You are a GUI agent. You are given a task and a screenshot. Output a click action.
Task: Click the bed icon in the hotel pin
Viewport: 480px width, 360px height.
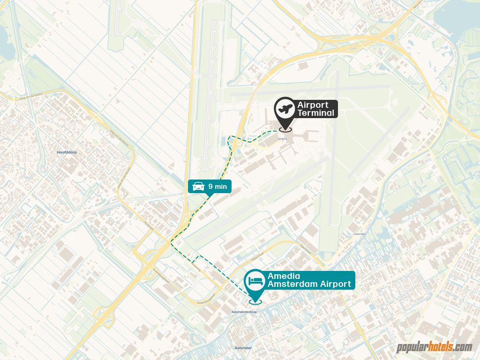coord(255,281)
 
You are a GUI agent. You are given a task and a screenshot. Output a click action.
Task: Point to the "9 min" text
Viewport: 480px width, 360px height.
coord(217,187)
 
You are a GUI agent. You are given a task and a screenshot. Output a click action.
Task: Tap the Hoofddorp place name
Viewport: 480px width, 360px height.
coord(66,153)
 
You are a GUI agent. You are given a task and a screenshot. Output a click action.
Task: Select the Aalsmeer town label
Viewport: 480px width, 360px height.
coord(243,348)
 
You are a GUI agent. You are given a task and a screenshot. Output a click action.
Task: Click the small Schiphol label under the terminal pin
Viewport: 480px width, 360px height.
coord(282,139)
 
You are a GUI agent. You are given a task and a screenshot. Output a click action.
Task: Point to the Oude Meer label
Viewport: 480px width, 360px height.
coord(360,233)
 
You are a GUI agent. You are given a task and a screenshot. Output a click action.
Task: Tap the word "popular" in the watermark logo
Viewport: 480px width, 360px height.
coord(412,348)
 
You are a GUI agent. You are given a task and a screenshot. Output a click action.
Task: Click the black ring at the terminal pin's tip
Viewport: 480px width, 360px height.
coord(285,129)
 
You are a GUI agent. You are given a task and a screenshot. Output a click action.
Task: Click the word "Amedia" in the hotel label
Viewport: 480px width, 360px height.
coord(284,276)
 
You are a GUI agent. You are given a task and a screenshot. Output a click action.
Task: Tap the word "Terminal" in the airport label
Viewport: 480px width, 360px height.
coord(316,113)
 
